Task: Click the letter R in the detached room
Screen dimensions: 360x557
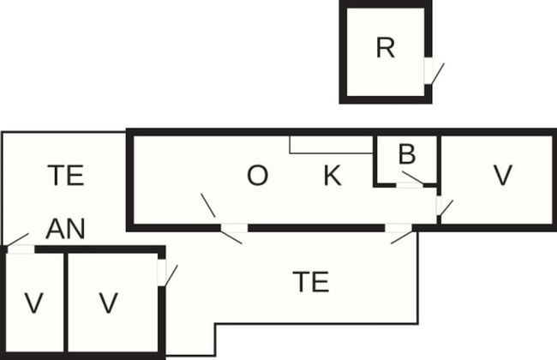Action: [386, 48]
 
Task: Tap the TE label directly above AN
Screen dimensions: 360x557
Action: [65, 176]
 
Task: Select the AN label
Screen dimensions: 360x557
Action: [65, 229]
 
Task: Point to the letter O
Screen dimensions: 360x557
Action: [257, 177]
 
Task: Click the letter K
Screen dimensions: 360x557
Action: [332, 177]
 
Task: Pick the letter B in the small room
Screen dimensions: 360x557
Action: [407, 155]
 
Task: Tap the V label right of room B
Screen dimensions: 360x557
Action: [502, 176]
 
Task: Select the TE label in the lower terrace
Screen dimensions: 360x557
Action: [310, 282]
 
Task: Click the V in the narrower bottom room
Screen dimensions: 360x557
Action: [33, 303]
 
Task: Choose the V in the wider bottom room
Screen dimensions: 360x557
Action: [107, 303]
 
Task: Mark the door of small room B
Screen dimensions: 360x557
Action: [410, 184]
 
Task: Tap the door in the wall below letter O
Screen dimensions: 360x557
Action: [234, 228]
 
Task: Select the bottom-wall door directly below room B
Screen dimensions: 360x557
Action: [398, 228]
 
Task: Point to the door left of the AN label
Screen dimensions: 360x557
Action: [20, 249]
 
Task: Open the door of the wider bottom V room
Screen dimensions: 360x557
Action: [161, 272]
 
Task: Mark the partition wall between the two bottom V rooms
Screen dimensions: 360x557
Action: [65, 303]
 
